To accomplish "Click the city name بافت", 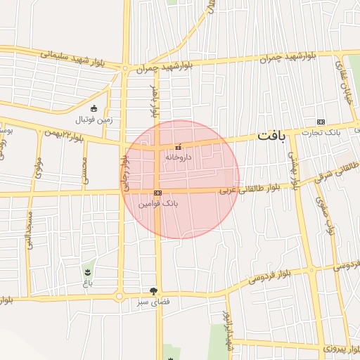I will [x=271, y=136].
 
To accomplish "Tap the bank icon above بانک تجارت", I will [x=321, y=122].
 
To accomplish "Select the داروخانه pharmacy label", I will [x=178, y=158].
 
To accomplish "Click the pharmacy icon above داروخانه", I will [x=177, y=148].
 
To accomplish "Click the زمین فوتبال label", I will [x=94, y=120].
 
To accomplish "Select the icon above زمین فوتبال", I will [x=94, y=108].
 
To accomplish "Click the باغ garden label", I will [x=86, y=283].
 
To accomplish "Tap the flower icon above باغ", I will [x=87, y=272].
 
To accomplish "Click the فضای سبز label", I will [x=153, y=303].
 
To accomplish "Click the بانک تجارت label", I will [x=327, y=133].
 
